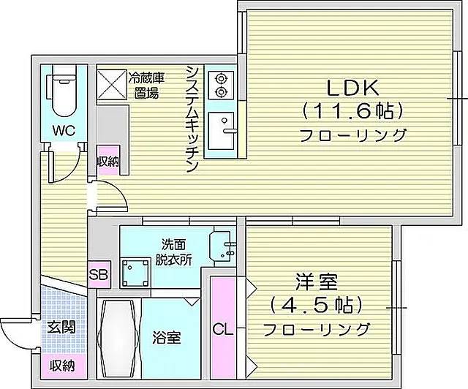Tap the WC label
coord(64,131)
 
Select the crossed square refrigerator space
coord(111,84)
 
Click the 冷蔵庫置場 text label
coord(146,86)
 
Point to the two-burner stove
coord(221,85)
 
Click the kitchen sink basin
coord(221,131)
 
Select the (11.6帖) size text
coord(352,113)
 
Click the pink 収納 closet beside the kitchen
coord(109,161)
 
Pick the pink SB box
coord(99,275)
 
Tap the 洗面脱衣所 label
coord(173,252)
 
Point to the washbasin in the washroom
coord(222,246)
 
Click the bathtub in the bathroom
coord(118,339)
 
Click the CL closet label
coord(222,330)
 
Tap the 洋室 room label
coord(317,282)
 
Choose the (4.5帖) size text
coord(316,305)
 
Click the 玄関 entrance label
coord(61,328)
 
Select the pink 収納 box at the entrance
coord(62,367)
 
